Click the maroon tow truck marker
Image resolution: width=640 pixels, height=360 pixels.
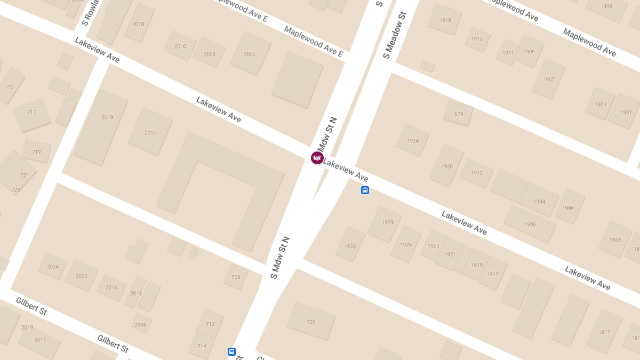[x=317, y=157]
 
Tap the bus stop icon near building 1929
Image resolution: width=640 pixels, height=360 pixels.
[x=365, y=190]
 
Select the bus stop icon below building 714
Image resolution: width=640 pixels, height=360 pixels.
[x=231, y=351]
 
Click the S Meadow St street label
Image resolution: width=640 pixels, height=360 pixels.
[x=395, y=35]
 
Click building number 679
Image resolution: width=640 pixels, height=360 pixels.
[x=459, y=114]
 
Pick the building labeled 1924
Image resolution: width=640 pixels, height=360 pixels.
[x=413, y=141]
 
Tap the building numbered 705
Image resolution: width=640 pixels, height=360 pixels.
[x=311, y=322]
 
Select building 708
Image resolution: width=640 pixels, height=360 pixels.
[x=236, y=277]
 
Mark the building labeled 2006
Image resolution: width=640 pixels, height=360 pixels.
[x=250, y=54]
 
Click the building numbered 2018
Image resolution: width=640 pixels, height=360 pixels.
[x=138, y=23]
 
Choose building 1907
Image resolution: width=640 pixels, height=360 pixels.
[x=549, y=79]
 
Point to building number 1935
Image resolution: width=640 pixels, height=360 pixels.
[x=350, y=246]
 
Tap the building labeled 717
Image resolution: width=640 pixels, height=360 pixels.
[x=31, y=112]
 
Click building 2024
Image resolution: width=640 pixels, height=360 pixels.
[x=53, y=267]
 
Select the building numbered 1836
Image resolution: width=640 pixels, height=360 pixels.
[x=615, y=239]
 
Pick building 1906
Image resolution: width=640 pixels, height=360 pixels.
[x=530, y=225]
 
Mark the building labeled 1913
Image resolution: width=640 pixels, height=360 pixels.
[x=477, y=39]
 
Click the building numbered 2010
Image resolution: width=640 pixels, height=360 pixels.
[x=180, y=46]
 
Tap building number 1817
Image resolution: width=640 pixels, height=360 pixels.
[x=604, y=332]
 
